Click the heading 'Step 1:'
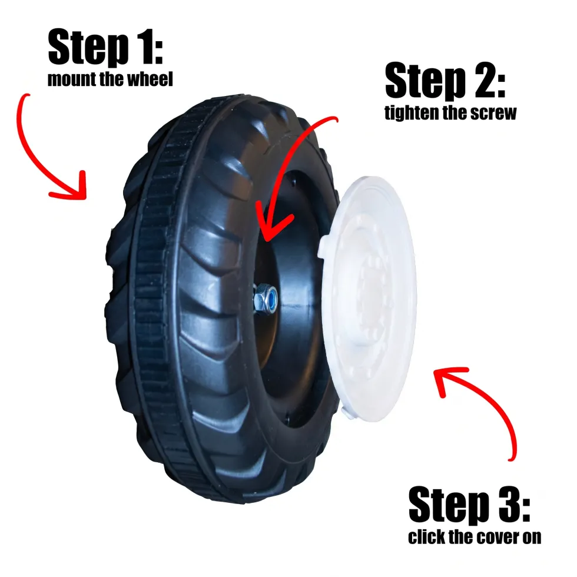click(x=105, y=47)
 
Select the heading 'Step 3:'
click(x=469, y=505)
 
